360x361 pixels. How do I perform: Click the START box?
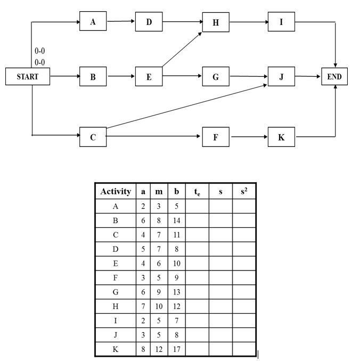pyautogui.click(x=28, y=77)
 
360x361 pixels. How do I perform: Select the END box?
pyautogui.click(x=334, y=77)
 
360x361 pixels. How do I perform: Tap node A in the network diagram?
pyautogui.click(x=93, y=22)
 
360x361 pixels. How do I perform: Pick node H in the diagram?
pyautogui.click(x=216, y=22)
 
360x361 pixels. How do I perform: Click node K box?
pyautogui.click(x=282, y=137)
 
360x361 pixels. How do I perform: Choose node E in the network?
pyautogui.click(x=149, y=77)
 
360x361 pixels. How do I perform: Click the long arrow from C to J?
pyautogui.click(x=186, y=105)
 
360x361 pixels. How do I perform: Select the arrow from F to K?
pyautogui.click(x=249, y=137)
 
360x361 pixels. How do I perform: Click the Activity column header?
pyautogui.click(x=116, y=192)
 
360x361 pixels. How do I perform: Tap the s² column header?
pyautogui.click(x=244, y=192)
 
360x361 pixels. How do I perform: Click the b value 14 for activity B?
pyautogui.click(x=176, y=220)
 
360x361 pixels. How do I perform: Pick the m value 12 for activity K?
pyautogui.click(x=159, y=349)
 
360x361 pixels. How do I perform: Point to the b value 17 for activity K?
pyautogui.click(x=176, y=349)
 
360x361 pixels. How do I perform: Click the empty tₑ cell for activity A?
pyautogui.click(x=197, y=206)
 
